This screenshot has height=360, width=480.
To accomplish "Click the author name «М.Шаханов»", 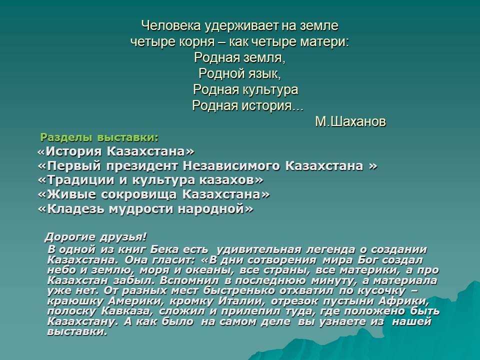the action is click(350, 121).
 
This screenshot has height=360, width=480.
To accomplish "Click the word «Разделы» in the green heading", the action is click(66, 138).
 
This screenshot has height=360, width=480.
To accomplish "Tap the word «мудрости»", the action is click(141, 209).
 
